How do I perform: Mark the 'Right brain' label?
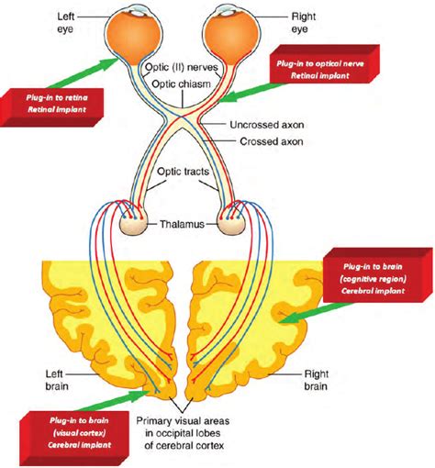point(324,379)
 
